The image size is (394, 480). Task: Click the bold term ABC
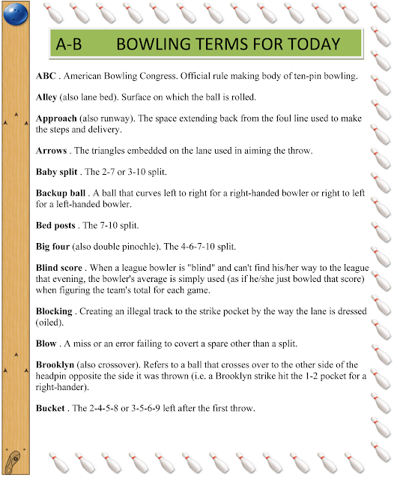point(46,76)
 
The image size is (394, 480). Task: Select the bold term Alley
point(49,97)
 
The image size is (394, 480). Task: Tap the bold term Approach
point(56,118)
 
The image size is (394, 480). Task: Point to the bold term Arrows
point(52,151)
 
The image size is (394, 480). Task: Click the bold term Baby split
point(58,172)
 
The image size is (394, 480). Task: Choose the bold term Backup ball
point(63,193)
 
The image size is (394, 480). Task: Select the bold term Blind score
point(60,267)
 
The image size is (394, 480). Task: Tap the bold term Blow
point(46,343)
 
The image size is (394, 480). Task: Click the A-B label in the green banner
point(69,44)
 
